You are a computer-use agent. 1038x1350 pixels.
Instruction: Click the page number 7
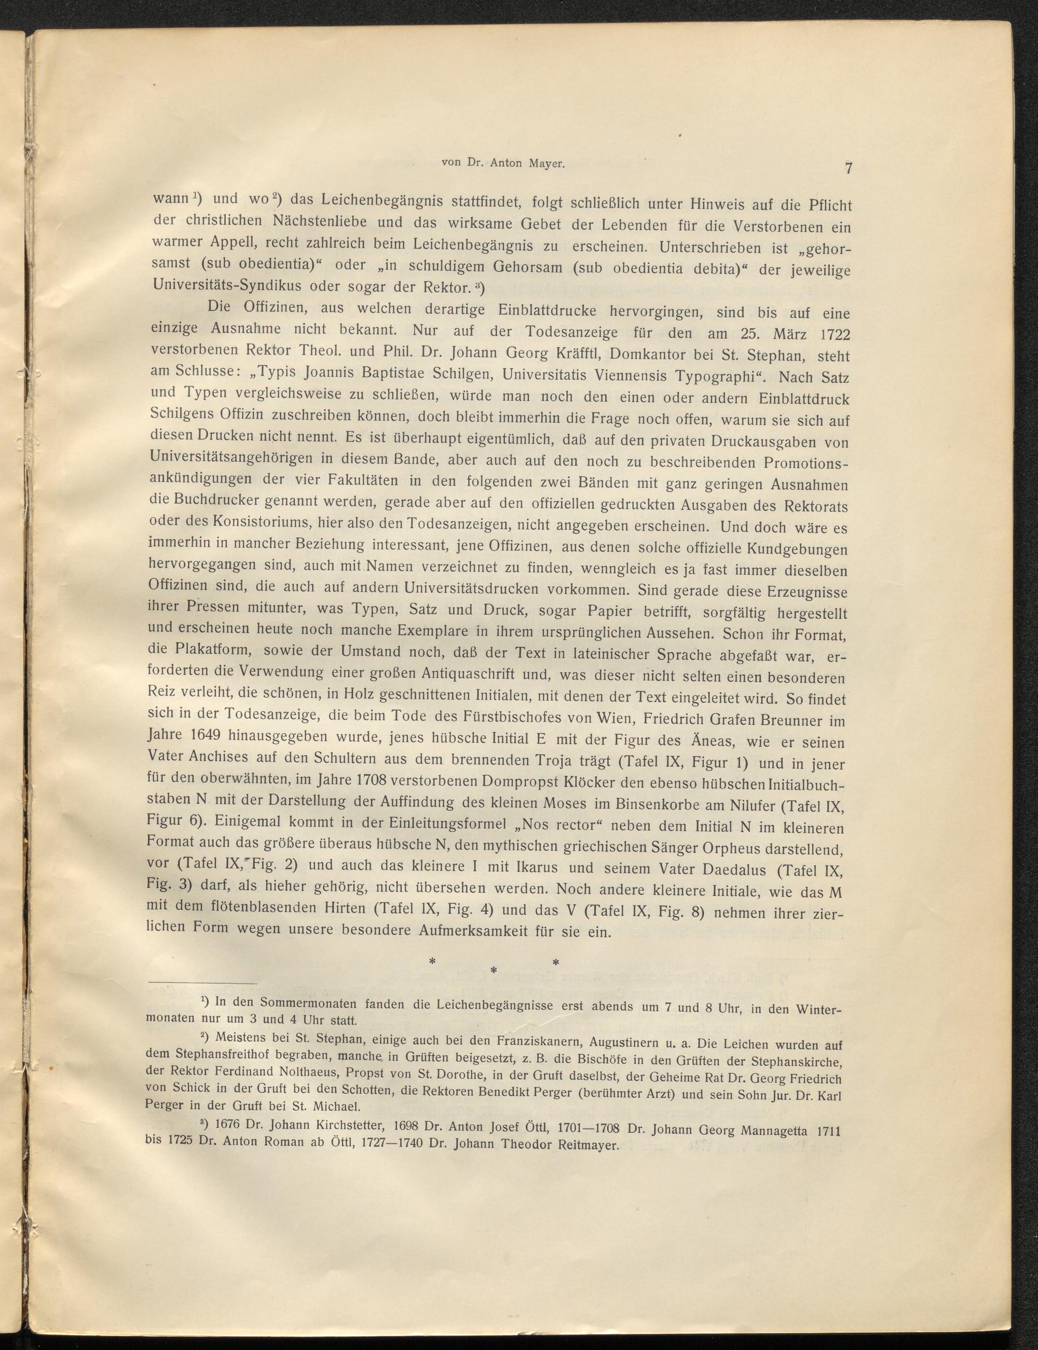click(849, 168)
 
